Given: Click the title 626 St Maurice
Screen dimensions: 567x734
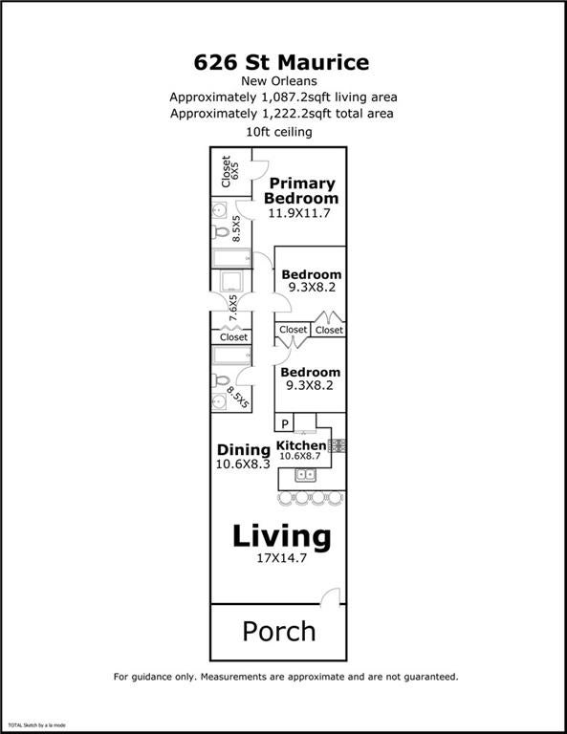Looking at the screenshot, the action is tap(281, 62).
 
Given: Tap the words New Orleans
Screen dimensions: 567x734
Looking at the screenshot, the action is tap(279, 81).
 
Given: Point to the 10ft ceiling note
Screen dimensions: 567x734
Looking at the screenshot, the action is tap(279, 132).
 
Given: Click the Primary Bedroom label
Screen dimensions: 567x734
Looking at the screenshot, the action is tap(301, 190).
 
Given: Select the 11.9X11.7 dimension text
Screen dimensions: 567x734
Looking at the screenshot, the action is tap(299, 213).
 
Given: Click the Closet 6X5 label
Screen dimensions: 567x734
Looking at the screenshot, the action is tap(229, 171).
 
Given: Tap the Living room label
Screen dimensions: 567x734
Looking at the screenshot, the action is tap(282, 536).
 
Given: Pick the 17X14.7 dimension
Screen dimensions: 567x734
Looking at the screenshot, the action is tap(281, 558).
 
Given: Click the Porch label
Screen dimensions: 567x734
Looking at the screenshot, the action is tap(279, 632).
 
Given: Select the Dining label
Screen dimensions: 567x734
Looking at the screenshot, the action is tap(244, 450).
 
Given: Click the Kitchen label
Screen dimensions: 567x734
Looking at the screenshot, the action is tap(301, 445).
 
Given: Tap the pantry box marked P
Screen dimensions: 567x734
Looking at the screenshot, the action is tap(284, 422).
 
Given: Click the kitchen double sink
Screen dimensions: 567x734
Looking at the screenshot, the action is tap(305, 475).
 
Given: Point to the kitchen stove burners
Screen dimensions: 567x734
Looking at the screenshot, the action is tap(338, 446).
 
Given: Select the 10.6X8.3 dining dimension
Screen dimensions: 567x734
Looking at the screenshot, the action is tap(243, 464).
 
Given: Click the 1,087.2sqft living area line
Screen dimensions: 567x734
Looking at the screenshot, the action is tap(283, 97).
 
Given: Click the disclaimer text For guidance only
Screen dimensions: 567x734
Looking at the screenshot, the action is tap(286, 677).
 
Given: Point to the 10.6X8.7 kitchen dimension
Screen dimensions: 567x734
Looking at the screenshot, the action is tap(299, 456).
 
